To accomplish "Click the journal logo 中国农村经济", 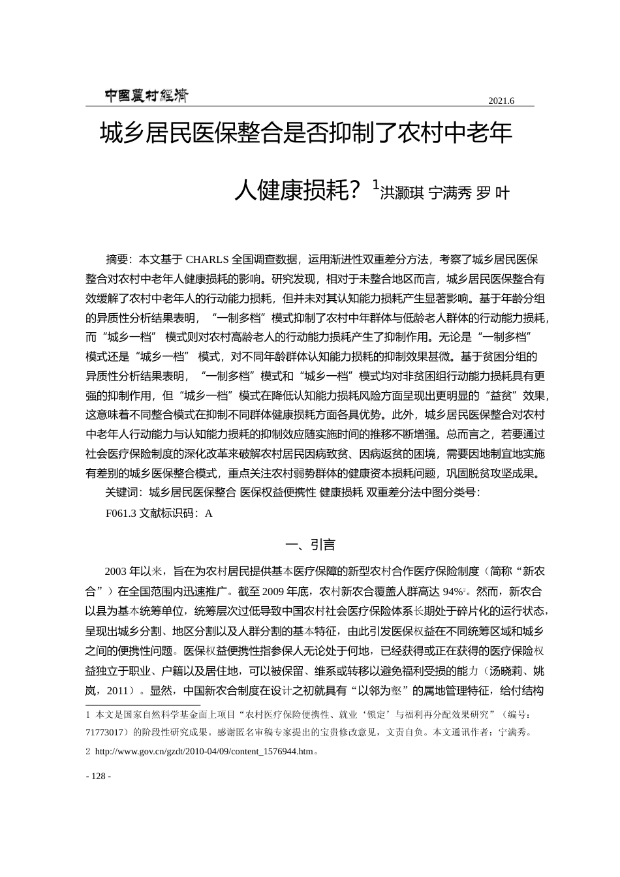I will (x=146, y=96).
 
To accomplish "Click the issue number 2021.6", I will (x=501, y=100).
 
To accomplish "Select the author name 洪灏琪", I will (x=401, y=192).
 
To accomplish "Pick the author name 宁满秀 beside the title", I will (x=449, y=192).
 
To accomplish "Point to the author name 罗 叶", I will (x=493, y=192).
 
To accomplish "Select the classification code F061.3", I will (x=121, y=513).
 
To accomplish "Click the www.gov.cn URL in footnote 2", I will (x=204, y=751).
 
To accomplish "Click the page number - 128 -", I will (x=99, y=777).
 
